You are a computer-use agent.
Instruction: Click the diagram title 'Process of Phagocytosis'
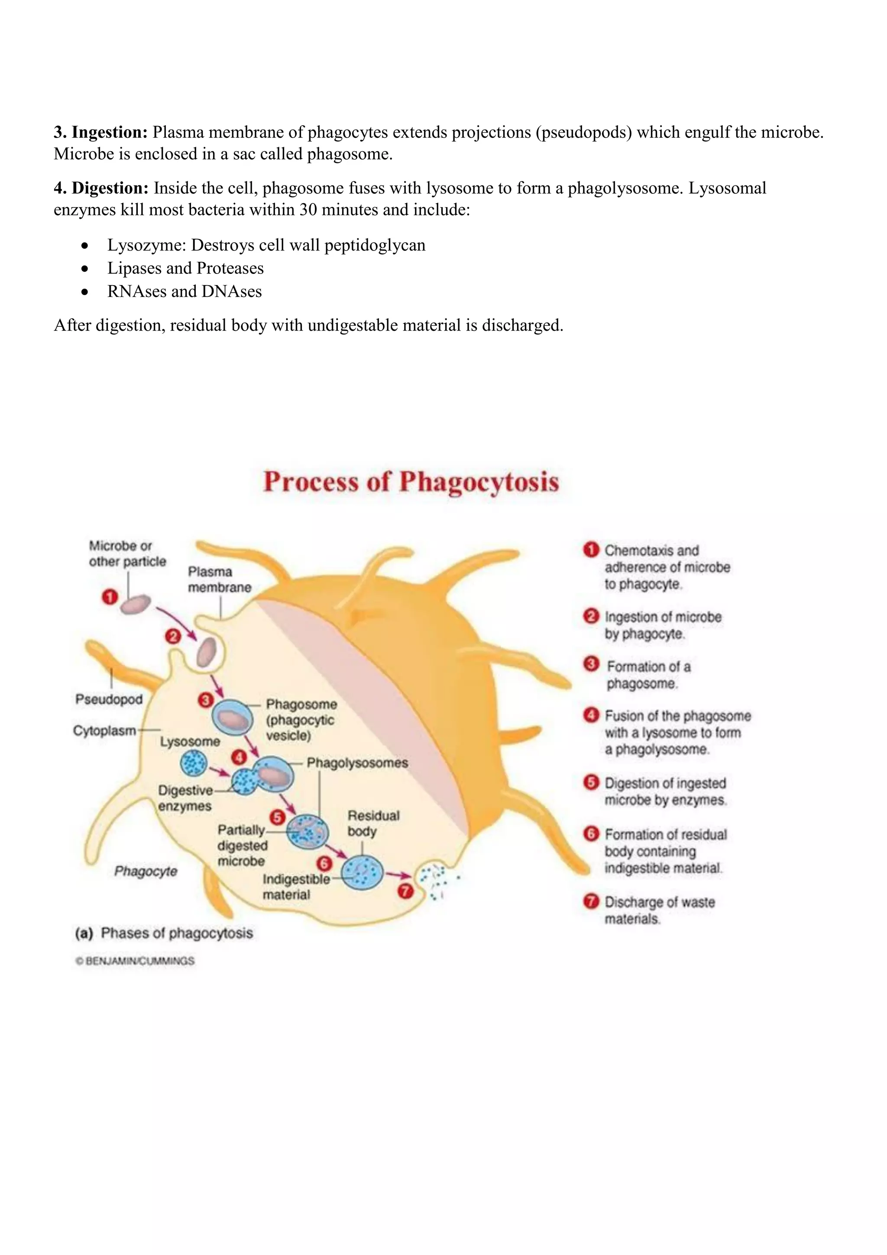coord(411,482)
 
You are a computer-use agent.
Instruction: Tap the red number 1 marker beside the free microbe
coord(110,596)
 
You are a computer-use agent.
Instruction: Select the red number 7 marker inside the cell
coord(405,891)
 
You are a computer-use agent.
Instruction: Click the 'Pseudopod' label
coord(109,699)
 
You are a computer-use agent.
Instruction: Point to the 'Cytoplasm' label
coord(104,731)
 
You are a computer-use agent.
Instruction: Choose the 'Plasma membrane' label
coord(219,579)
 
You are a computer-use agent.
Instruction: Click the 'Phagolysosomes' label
coord(357,763)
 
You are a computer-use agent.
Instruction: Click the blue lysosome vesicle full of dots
coord(193,763)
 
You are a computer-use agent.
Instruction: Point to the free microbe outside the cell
coord(135,605)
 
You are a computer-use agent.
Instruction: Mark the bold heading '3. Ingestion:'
coord(100,132)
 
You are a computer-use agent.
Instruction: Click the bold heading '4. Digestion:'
coord(101,188)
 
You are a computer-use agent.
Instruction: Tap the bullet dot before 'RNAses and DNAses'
coord(84,292)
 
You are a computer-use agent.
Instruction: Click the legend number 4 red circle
coord(591,715)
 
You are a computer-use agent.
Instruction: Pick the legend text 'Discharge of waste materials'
coord(659,910)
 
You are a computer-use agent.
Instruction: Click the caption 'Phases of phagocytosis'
coord(176,933)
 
